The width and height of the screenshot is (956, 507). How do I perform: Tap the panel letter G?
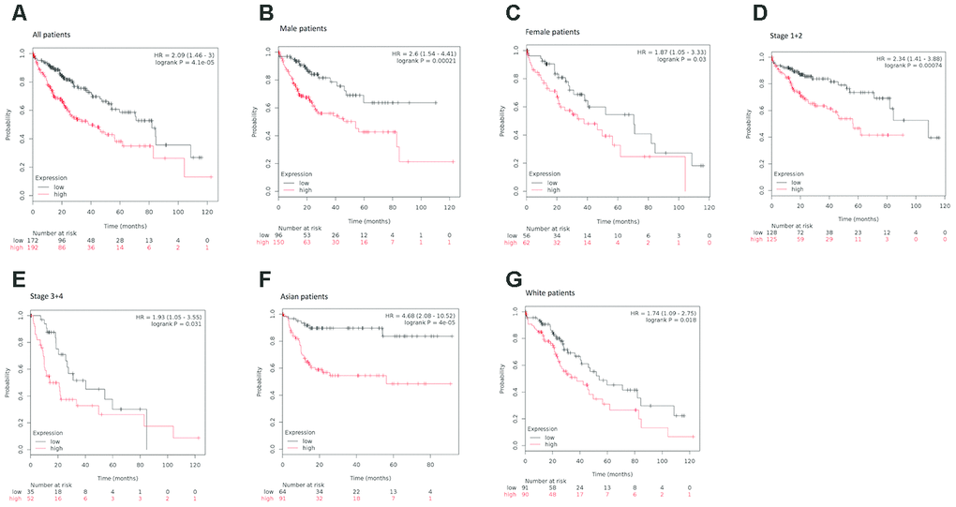[513, 281]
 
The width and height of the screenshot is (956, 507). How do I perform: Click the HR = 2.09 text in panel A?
[184, 56]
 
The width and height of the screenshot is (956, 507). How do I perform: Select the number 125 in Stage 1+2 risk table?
[771, 239]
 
